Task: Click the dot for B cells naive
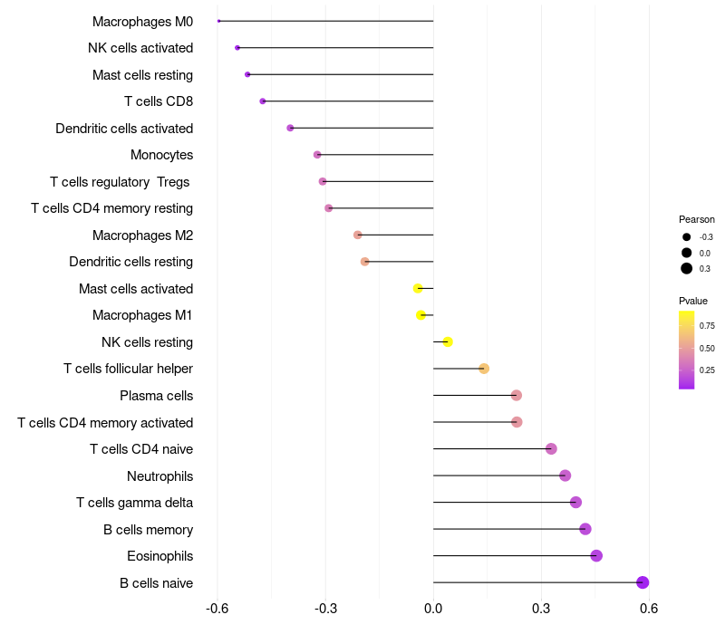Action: point(643,582)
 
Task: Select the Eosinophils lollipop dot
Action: point(596,556)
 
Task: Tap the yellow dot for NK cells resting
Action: point(448,341)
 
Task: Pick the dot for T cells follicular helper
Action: point(484,369)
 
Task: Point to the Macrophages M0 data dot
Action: point(219,21)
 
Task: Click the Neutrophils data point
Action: point(565,475)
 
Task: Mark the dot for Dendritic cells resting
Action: point(365,262)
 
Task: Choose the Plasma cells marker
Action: point(517,395)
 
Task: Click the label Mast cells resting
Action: point(142,74)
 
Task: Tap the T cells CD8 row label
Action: point(159,101)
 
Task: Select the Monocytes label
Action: point(161,155)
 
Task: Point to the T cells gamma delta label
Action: point(134,503)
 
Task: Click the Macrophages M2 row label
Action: point(142,235)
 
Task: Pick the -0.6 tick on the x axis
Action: point(217,609)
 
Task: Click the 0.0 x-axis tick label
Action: point(433,609)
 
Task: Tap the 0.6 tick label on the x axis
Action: point(649,609)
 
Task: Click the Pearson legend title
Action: point(697,219)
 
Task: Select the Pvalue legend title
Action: point(693,301)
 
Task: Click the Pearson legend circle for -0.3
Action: point(687,237)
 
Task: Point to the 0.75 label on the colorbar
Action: point(707,326)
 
